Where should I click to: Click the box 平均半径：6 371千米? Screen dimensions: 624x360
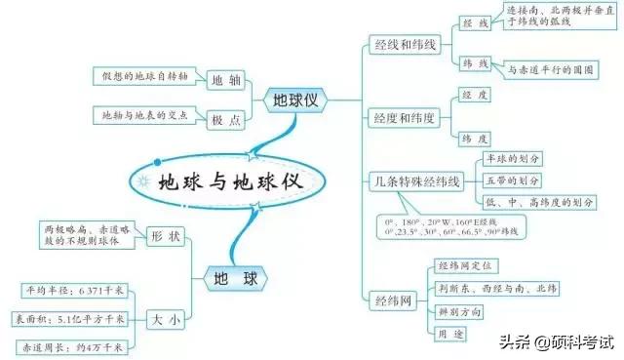click(x=75, y=290)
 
